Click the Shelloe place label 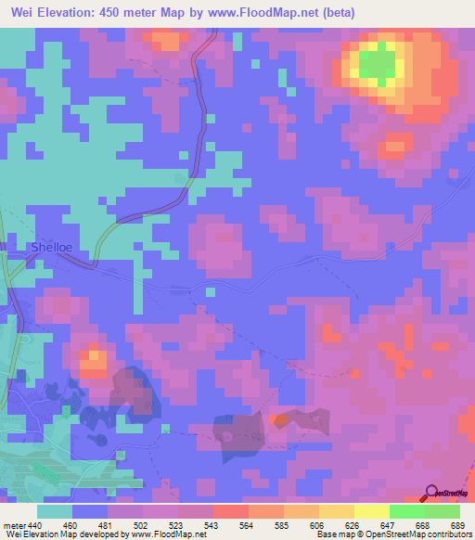(x=53, y=248)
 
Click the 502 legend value (x=142, y=524)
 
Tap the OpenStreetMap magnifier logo (x=430, y=492)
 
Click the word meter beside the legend (x=13, y=524)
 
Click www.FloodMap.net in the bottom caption (x=169, y=535)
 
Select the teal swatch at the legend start (x=56, y=511)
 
